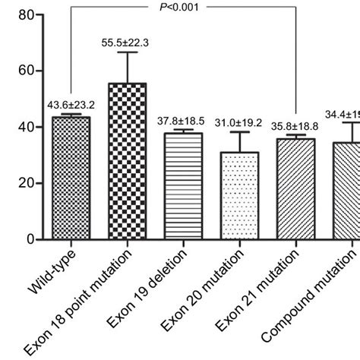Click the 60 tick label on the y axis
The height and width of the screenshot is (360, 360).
tap(28, 71)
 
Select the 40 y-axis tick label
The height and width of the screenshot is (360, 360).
tap(28, 127)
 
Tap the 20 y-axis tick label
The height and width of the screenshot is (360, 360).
tap(28, 183)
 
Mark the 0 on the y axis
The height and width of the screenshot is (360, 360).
tap(33, 239)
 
